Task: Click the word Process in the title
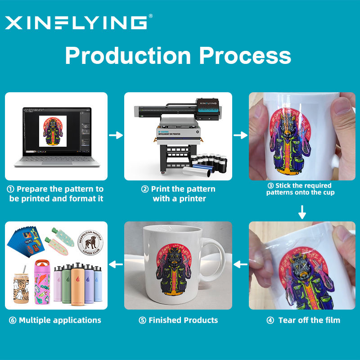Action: (245, 56)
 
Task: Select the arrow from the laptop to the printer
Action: (116, 135)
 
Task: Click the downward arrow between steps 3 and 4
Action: (302, 212)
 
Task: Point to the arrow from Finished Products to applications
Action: (116, 265)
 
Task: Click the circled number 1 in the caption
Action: (10, 189)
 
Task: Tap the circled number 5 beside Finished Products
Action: (142, 320)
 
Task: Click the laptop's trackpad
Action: (54, 162)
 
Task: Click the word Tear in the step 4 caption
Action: (287, 320)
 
